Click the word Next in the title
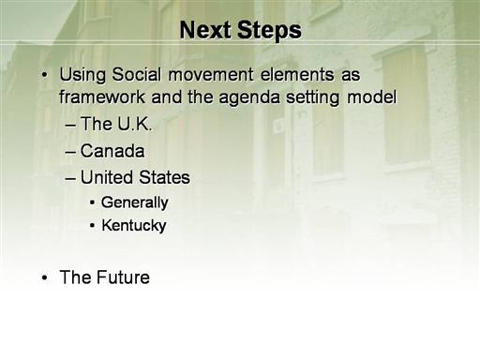click(205, 30)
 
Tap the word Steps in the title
click(269, 32)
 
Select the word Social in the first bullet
click(137, 75)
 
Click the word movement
click(211, 75)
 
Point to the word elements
click(297, 75)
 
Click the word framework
click(102, 97)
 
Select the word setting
click(312, 97)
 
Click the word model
click(371, 97)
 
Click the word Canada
click(112, 151)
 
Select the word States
click(164, 177)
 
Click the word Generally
click(135, 202)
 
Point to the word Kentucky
click(134, 226)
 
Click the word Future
click(123, 277)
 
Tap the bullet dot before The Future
click(45, 277)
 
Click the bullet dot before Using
click(45, 75)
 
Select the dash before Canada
click(70, 153)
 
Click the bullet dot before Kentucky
click(92, 226)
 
